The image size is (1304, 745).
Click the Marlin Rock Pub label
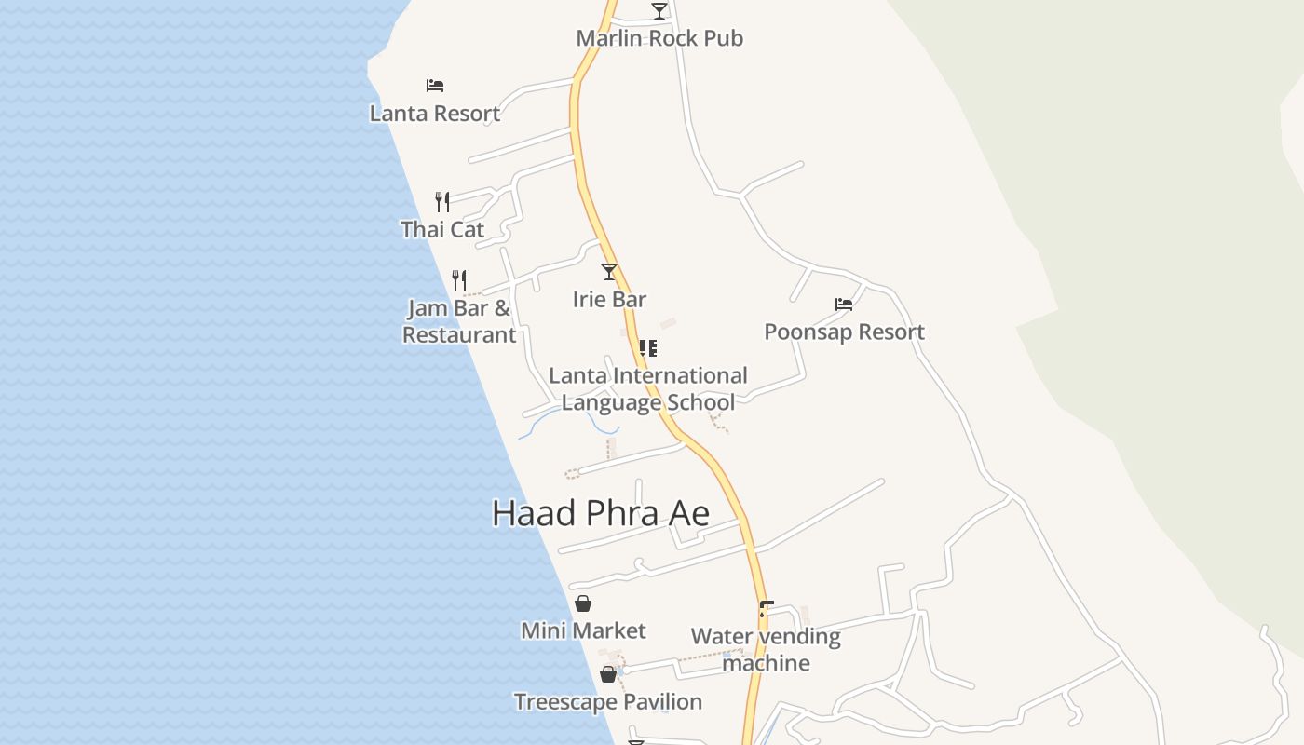pyautogui.click(x=659, y=38)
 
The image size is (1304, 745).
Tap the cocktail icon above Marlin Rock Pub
pyautogui.click(x=659, y=10)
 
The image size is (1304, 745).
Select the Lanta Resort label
pyautogui.click(x=435, y=114)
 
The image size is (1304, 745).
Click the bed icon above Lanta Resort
pyautogui.click(x=435, y=86)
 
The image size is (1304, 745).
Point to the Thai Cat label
pyautogui.click(x=442, y=229)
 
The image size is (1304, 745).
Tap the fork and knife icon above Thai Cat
pyautogui.click(x=442, y=201)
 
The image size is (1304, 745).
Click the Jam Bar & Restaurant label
pyautogui.click(x=459, y=321)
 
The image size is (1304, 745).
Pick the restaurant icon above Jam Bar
pyautogui.click(x=459, y=279)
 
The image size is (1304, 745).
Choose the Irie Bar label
pyautogui.click(x=609, y=300)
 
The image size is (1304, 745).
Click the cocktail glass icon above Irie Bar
pyautogui.click(x=609, y=272)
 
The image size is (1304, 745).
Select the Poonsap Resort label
pyautogui.click(x=844, y=332)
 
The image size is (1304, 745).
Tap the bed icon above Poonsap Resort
pyautogui.click(x=844, y=305)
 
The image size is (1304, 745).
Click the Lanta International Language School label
pyautogui.click(x=648, y=389)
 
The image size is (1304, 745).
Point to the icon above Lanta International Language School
pyautogui.click(x=648, y=348)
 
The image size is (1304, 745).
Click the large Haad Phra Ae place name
pyautogui.click(x=601, y=513)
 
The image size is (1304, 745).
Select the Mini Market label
pyautogui.click(x=583, y=631)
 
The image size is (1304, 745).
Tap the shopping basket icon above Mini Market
pyautogui.click(x=583, y=603)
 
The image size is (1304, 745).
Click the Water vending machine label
pyautogui.click(x=766, y=650)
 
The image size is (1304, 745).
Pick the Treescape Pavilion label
pyautogui.click(x=608, y=702)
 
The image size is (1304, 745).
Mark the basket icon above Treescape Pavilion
pyautogui.click(x=608, y=674)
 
